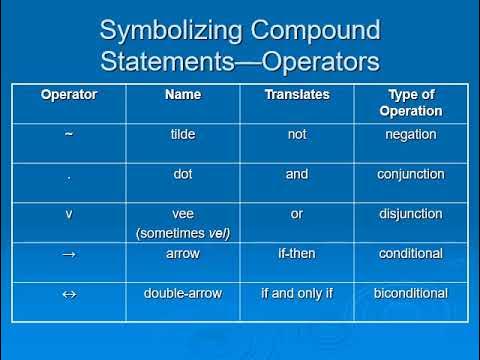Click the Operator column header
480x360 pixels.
(69, 94)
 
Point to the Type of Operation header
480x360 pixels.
(410, 102)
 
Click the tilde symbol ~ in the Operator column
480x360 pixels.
(69, 134)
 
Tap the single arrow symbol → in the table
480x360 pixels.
(69, 254)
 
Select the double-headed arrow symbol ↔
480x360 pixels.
(69, 294)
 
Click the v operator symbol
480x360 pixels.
(69, 214)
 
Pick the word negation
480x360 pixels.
(410, 134)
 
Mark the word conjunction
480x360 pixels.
(410, 174)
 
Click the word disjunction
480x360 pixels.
(410, 214)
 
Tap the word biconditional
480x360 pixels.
(410, 294)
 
